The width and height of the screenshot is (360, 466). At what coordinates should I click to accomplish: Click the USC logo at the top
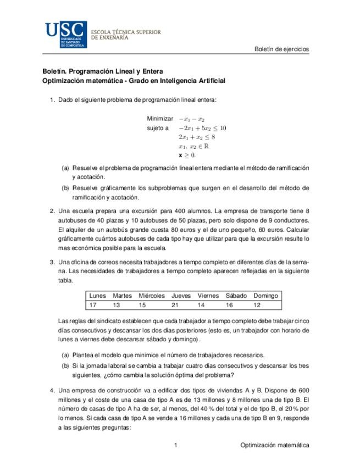(65, 34)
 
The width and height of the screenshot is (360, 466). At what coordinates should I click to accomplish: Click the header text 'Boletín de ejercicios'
(281, 49)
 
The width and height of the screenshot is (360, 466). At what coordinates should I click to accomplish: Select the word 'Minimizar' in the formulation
(160, 119)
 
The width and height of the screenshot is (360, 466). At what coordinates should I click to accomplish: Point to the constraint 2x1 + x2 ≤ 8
(197, 137)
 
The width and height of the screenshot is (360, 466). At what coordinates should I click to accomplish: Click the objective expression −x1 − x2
(192, 119)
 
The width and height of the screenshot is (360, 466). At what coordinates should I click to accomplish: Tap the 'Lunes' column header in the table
(97, 296)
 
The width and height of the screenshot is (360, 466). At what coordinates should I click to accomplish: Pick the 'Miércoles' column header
(152, 296)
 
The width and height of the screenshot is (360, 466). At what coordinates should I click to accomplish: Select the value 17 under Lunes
(93, 305)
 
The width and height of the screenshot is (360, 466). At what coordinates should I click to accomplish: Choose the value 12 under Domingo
(257, 305)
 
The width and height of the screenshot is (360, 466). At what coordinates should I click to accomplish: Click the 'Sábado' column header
(236, 296)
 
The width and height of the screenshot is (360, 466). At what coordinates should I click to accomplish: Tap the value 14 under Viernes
(201, 305)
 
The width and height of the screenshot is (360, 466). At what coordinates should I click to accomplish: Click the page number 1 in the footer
(175, 445)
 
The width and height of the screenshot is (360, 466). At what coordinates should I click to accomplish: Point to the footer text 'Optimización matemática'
(275, 445)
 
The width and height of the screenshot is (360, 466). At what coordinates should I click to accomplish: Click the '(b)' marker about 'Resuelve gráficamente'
(65, 188)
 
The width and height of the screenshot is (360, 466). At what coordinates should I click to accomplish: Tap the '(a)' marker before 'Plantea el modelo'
(65, 355)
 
